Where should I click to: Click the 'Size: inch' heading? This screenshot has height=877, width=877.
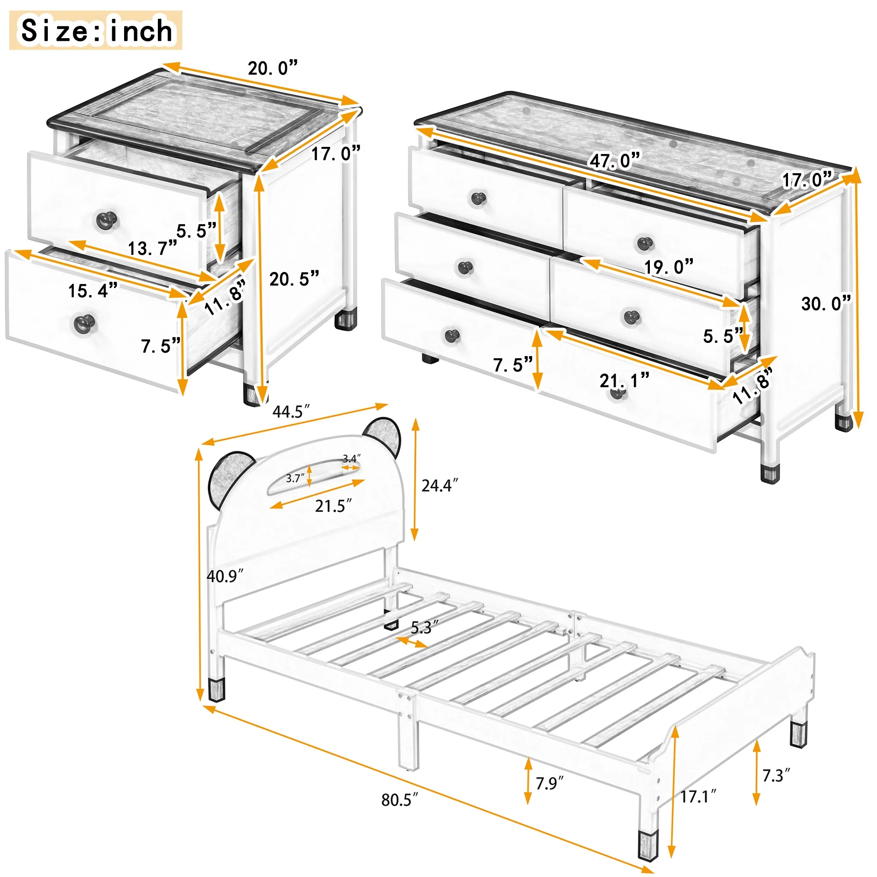(96, 30)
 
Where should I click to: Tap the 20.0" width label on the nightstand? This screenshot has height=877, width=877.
(273, 68)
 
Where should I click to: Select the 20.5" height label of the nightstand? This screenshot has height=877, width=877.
(294, 279)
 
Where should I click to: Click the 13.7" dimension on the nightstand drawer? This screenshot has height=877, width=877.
(152, 248)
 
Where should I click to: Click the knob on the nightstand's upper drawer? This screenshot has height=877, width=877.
(107, 220)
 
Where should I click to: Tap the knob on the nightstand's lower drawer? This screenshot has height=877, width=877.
(84, 324)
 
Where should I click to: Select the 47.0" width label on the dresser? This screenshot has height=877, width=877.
(615, 160)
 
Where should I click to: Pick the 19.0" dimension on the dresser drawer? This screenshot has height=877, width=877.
(669, 267)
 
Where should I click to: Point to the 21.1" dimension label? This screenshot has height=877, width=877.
(624, 380)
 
